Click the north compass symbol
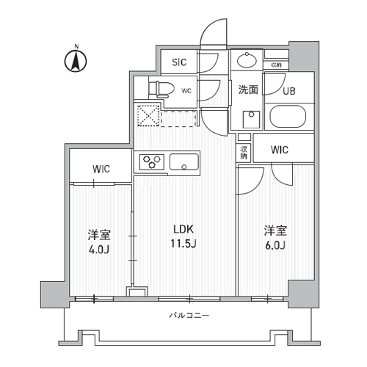pos(76,61)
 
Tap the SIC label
pos(179,63)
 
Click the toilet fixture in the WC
pos(161,89)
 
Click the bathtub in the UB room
pos(291,117)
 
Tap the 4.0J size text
pos(100,250)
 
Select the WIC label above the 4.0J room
pos(101,170)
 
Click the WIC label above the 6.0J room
pos(279,150)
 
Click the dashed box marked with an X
pos(148,115)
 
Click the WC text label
pos(186,90)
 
